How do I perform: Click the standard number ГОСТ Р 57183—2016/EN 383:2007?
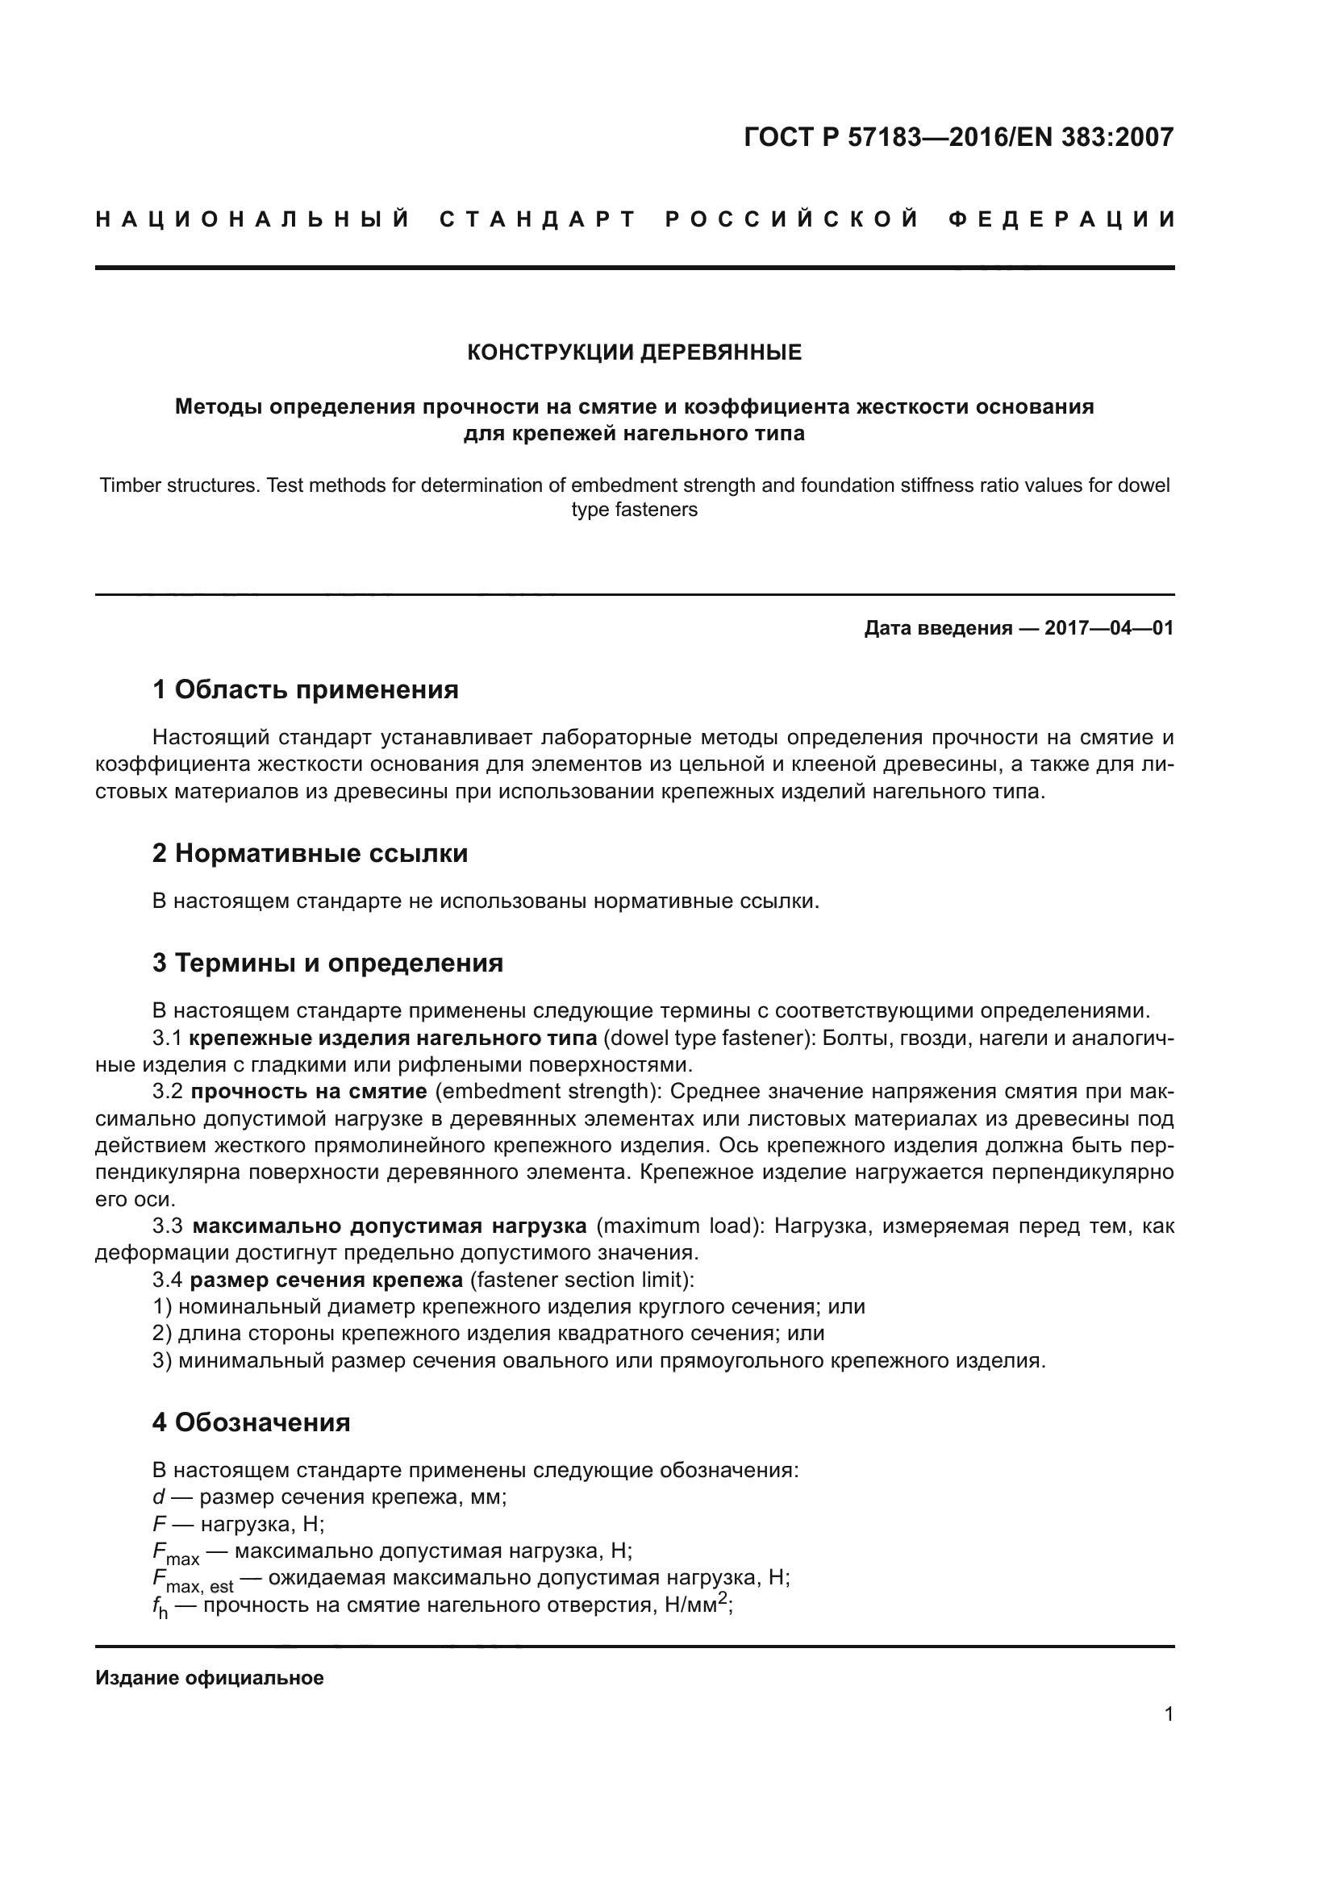click(x=958, y=137)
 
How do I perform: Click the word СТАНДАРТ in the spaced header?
click(x=538, y=219)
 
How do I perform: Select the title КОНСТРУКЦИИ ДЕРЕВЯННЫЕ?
click(x=634, y=352)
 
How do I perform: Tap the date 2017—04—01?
click(x=1108, y=628)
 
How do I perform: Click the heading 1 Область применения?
click(x=305, y=689)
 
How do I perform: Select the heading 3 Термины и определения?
click(x=327, y=962)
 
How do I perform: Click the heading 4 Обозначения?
click(x=251, y=1422)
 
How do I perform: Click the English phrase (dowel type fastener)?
click(x=707, y=1039)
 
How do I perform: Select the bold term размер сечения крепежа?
click(x=326, y=1280)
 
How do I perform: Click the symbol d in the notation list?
click(x=159, y=1497)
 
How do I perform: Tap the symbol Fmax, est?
click(x=192, y=1580)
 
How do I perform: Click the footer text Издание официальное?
click(x=210, y=1678)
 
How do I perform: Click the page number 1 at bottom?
click(x=1168, y=1713)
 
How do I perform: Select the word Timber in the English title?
click(x=129, y=485)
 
